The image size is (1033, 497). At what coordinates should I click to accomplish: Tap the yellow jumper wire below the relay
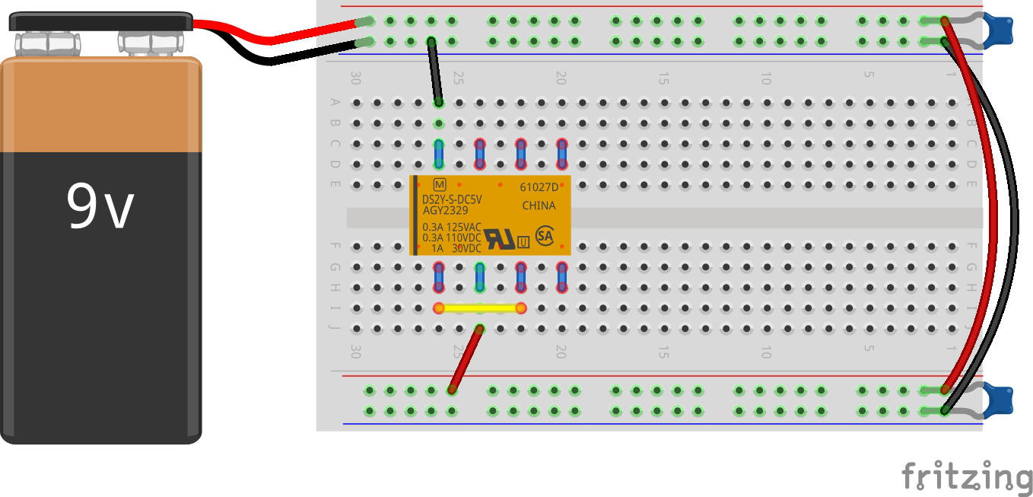480,308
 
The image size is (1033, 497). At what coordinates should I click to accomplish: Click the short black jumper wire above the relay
434,72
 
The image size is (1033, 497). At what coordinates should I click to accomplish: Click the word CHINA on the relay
539,205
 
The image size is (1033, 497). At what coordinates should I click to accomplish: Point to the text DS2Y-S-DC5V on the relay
452,200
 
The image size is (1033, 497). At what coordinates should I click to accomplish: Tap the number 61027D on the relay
538,187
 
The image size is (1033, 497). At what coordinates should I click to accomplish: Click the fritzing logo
966,476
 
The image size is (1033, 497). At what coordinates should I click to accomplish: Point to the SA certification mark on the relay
544,235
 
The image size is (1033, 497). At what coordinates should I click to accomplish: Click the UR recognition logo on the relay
499,239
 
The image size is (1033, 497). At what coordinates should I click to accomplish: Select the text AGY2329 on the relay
446,211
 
